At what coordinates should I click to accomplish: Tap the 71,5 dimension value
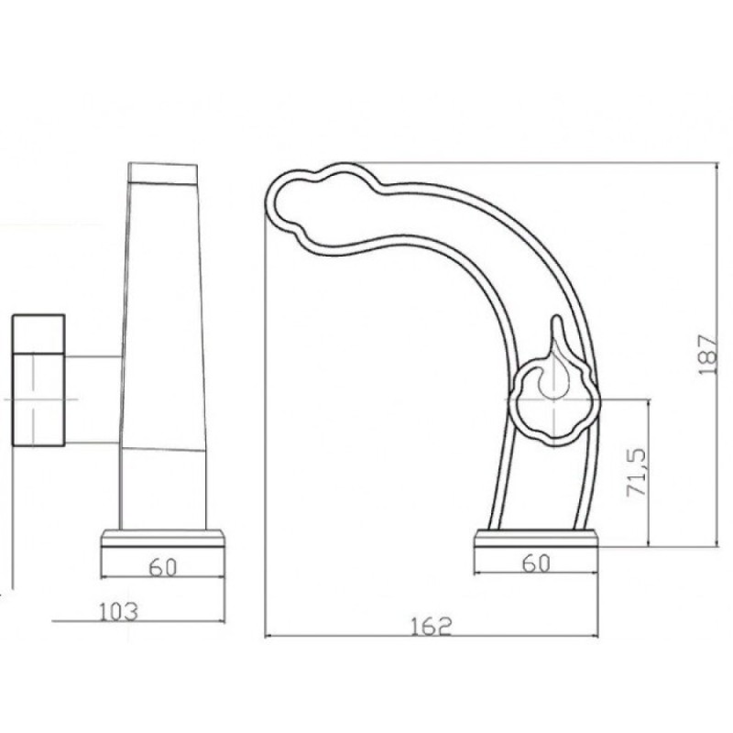pos(636,473)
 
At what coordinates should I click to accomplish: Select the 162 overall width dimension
pos(432,627)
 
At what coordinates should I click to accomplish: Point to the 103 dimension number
pos(119,611)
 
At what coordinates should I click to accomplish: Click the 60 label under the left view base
pos(163,567)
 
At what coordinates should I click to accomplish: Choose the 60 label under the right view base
pos(536,563)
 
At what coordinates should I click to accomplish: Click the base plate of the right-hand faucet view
pos(536,538)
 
